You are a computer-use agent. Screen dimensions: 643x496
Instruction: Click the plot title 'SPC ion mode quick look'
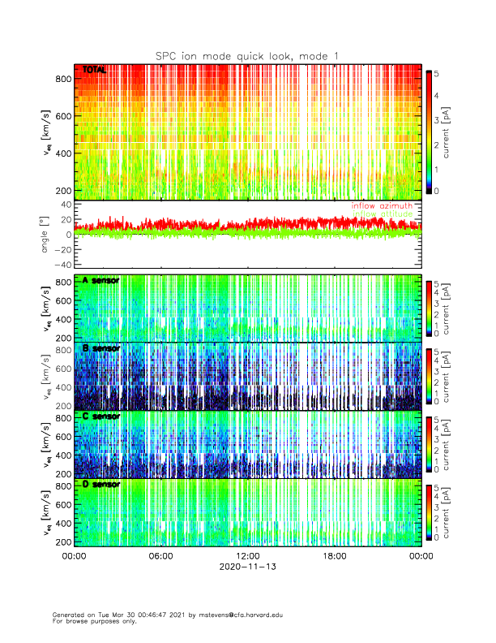pyautogui.click(x=235, y=55)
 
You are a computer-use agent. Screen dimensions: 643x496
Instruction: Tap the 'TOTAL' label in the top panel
pyautogui.click(x=95, y=71)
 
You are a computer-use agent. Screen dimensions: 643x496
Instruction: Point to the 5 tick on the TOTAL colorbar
pyautogui.click(x=438, y=73)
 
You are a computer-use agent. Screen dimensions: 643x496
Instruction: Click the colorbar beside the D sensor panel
pyautogui.click(x=430, y=511)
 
